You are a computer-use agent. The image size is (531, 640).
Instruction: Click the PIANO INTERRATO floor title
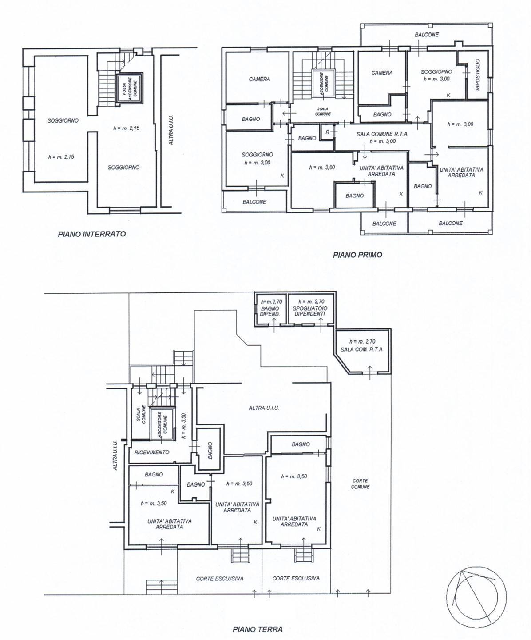click(92, 234)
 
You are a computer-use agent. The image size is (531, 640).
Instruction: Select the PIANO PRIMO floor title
click(357, 255)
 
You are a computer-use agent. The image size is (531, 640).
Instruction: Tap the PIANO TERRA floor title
click(257, 617)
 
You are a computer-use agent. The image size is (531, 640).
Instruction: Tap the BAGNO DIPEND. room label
click(270, 311)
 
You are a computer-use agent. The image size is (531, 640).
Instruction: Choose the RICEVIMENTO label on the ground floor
click(152, 452)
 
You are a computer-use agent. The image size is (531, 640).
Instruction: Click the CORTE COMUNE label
click(361, 484)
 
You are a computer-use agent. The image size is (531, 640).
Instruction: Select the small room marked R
click(327, 132)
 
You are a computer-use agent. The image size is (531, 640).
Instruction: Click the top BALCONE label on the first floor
click(427, 35)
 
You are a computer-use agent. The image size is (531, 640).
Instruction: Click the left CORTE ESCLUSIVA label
click(219, 579)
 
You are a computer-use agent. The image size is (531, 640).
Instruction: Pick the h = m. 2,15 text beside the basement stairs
click(127, 128)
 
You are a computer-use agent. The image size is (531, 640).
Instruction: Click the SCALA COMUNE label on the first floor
click(323, 111)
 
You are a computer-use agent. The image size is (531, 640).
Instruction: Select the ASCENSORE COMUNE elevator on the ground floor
click(161, 425)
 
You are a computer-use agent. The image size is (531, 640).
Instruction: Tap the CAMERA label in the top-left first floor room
click(259, 79)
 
